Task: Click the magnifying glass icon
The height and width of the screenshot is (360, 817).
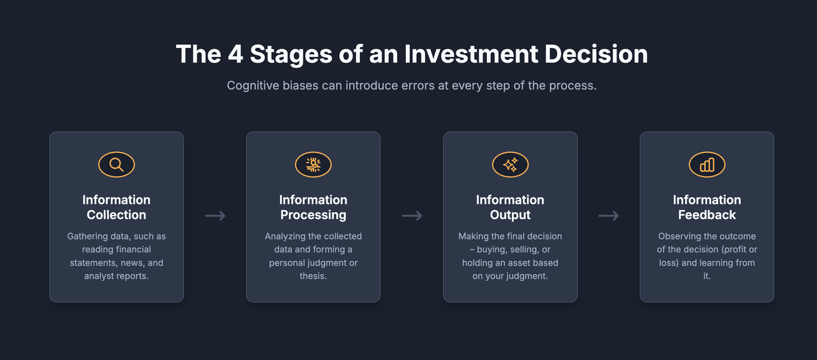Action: pyautogui.click(x=116, y=165)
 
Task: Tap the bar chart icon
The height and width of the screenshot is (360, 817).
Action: pyautogui.click(x=707, y=165)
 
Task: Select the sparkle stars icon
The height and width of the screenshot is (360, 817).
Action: pyautogui.click(x=510, y=165)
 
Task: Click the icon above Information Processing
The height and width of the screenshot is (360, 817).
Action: pyautogui.click(x=313, y=165)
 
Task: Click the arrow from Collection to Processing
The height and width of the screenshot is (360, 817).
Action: pyautogui.click(x=215, y=216)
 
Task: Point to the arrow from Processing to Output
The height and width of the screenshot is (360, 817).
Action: pyautogui.click(x=412, y=216)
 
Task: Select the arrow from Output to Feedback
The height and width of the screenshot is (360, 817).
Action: pyautogui.click(x=609, y=216)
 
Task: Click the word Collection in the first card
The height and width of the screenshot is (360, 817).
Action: pyautogui.click(x=116, y=215)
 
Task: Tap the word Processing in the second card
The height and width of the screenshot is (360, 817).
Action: pyautogui.click(x=313, y=215)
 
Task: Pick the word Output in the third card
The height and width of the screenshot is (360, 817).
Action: pyautogui.click(x=510, y=215)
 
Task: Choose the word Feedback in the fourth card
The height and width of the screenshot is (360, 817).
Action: pyautogui.click(x=707, y=215)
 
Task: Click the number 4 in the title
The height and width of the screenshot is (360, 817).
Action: pyautogui.click(x=236, y=54)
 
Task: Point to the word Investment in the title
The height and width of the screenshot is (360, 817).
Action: pyautogui.click(x=471, y=54)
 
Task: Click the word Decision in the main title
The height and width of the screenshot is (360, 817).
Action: pyautogui.click(x=596, y=54)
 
